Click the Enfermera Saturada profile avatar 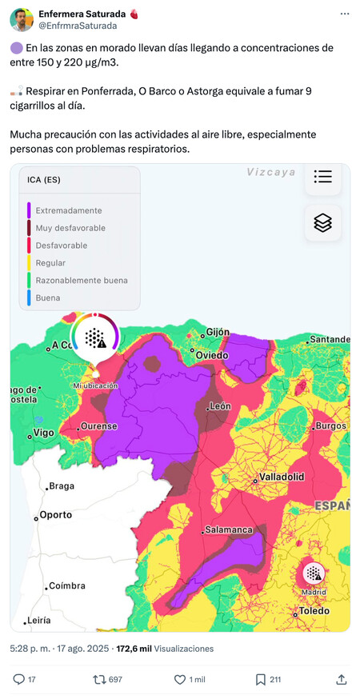[22, 20]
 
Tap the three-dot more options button [344, 14]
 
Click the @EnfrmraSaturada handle [78, 26]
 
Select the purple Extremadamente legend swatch [29, 210]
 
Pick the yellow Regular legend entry [50, 263]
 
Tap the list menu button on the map [323, 177]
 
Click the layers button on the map [323, 223]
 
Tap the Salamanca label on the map [229, 529]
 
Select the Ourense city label [99, 426]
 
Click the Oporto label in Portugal [56, 515]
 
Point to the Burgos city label [330, 425]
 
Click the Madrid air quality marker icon [314, 573]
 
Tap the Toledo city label [314, 612]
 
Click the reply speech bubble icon [19, 679]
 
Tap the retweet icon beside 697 [99, 679]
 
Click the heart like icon [180, 679]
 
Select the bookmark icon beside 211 [261, 679]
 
